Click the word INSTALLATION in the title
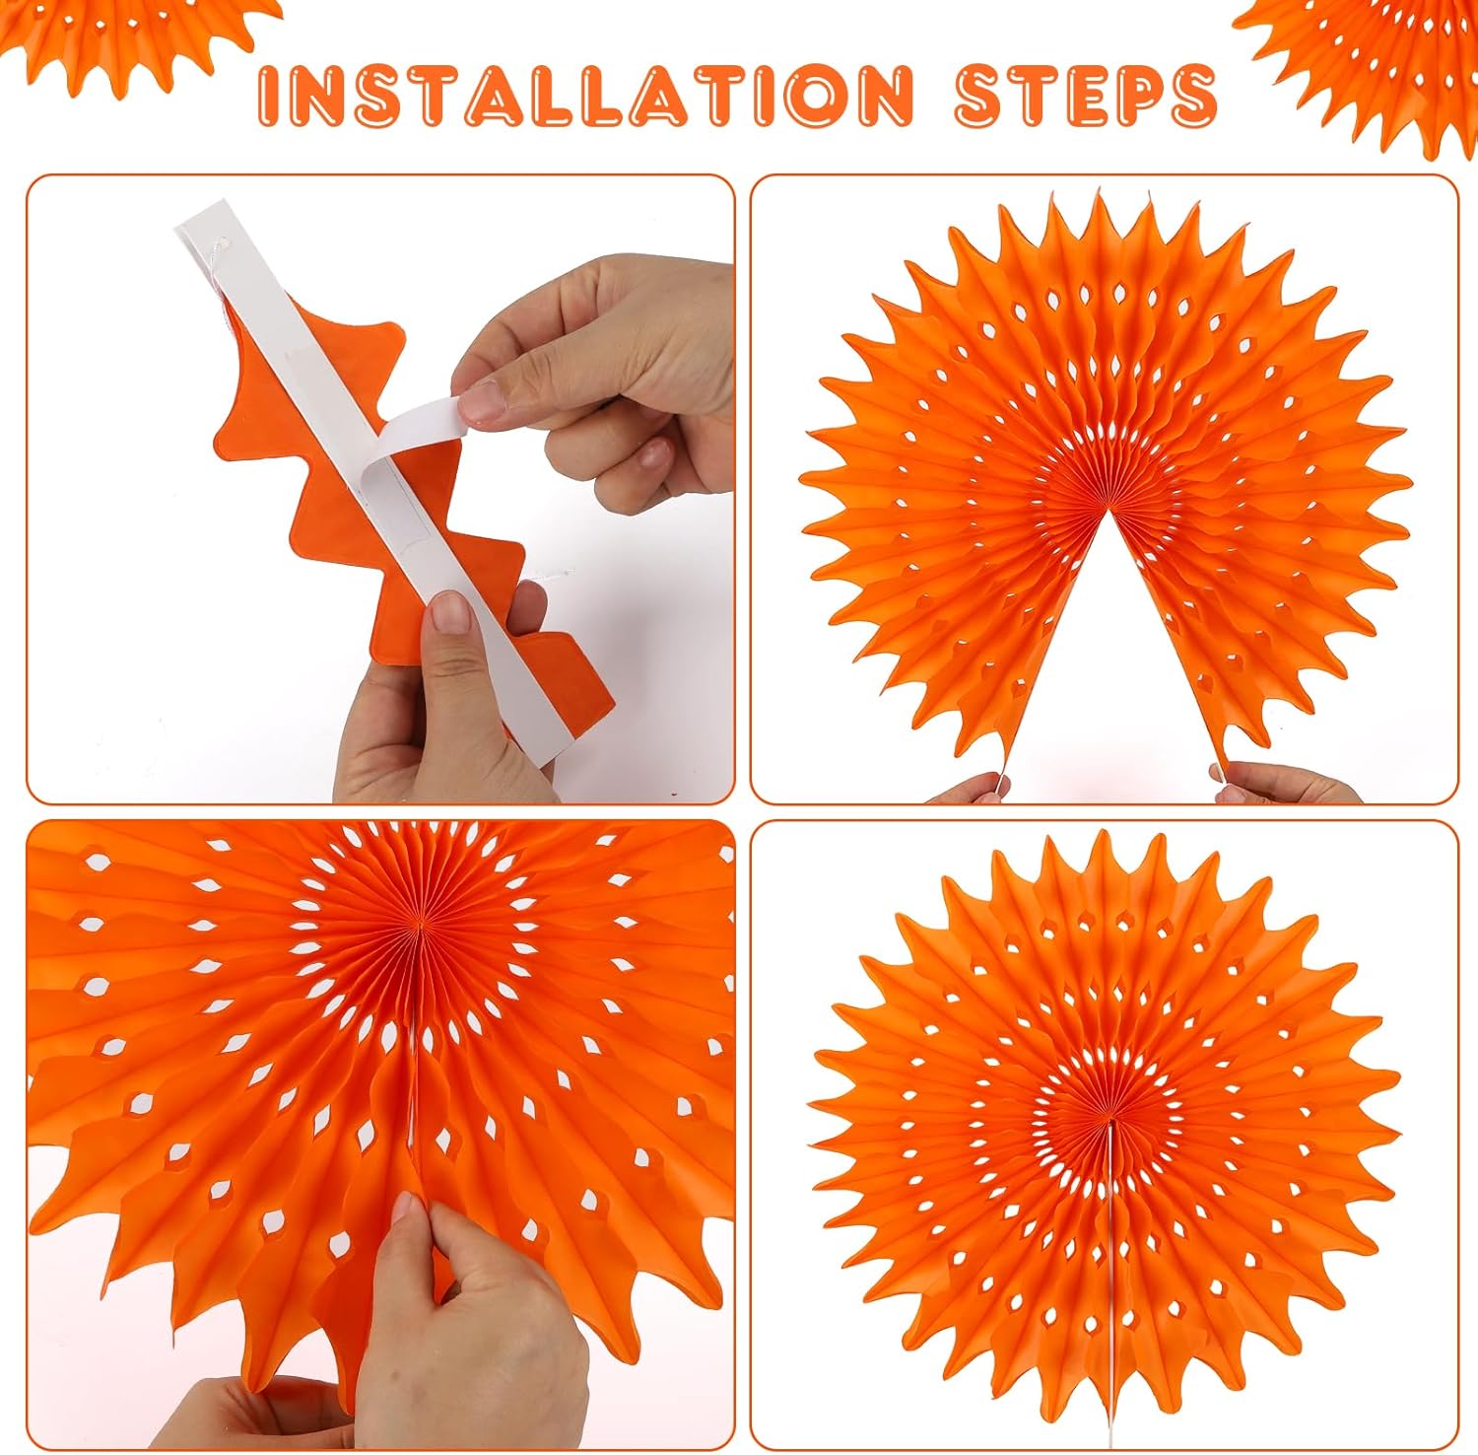coord(585,95)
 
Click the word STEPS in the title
coord(1085,95)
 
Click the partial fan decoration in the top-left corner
coord(138,39)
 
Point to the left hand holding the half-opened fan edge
coord(970,789)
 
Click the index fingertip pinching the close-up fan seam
coord(405,1209)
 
